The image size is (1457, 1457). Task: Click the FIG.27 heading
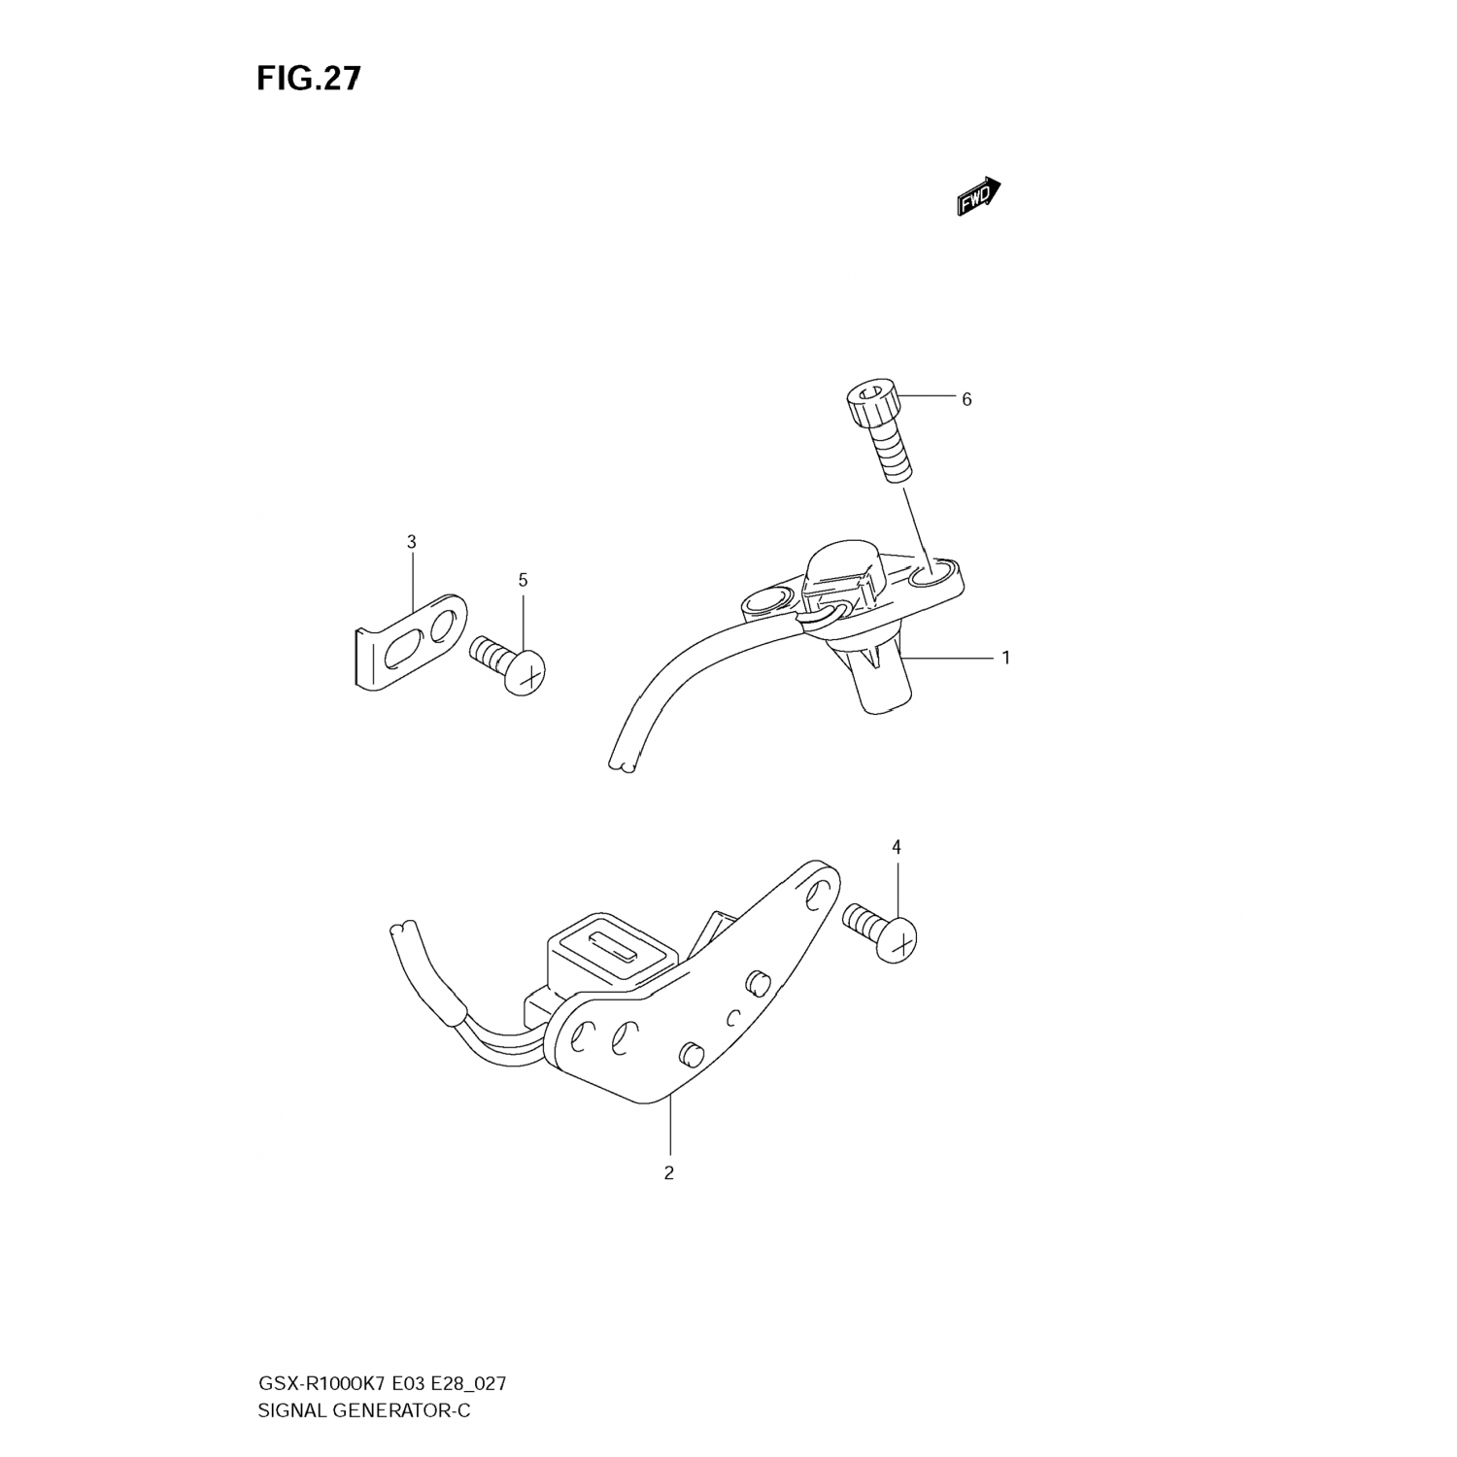308,79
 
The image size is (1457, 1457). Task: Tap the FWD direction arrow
977,195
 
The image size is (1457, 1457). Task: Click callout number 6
966,399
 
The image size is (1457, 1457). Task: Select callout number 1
1006,658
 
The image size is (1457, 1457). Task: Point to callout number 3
411,542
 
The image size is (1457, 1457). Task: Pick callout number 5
523,581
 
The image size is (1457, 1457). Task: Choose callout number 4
897,848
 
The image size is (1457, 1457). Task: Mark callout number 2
668,1173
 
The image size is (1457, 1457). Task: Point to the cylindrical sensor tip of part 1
884,691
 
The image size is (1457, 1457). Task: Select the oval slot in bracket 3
406,653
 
